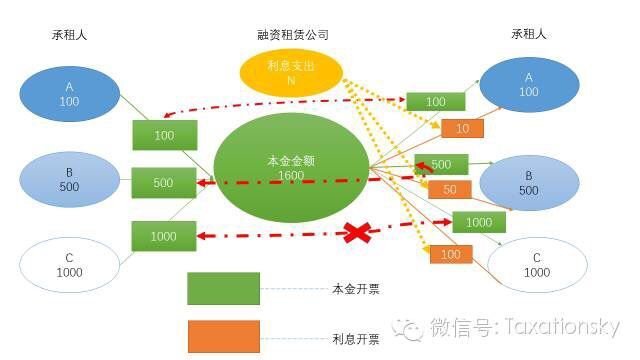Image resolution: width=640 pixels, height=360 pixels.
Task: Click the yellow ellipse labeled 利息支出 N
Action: [x=293, y=72]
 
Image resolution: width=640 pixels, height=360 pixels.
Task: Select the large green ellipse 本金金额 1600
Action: [x=291, y=169]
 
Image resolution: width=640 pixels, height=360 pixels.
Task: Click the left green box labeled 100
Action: [x=163, y=133]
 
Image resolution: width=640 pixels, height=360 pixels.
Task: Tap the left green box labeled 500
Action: [x=163, y=183]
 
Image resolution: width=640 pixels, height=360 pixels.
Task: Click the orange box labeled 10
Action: [x=462, y=128]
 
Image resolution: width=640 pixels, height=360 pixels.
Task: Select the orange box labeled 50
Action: [x=450, y=189]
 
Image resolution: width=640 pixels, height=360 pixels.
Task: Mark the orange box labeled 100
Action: [x=451, y=254]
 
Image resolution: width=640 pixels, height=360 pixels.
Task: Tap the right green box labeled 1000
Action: [x=478, y=222]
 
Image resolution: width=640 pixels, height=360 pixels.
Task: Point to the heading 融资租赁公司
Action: [x=293, y=34]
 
